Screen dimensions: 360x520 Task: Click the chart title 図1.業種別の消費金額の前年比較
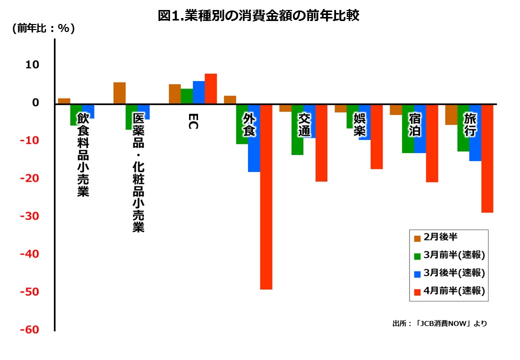click(x=258, y=16)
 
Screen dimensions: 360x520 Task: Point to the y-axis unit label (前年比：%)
click(x=43, y=28)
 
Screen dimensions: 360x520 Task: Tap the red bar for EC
click(x=210, y=88)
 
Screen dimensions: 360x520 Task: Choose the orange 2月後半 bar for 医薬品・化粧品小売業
click(x=119, y=93)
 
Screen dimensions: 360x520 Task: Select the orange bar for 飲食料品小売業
click(x=64, y=101)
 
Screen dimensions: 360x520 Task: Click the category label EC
click(x=193, y=121)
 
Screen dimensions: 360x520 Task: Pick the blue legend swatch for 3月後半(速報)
click(x=416, y=274)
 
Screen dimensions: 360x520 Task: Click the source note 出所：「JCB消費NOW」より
click(x=439, y=323)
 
